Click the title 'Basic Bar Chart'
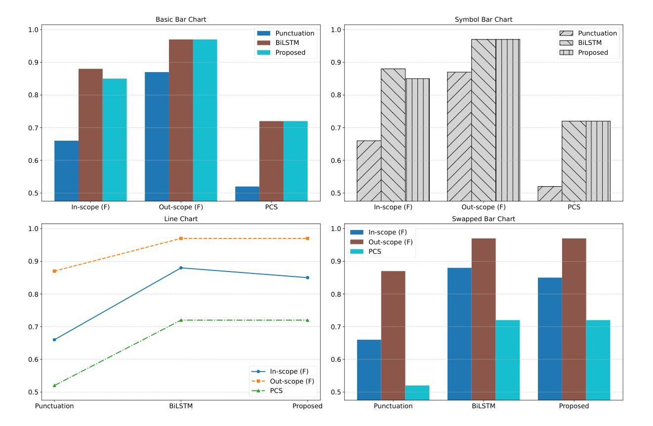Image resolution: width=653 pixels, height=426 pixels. coord(181,19)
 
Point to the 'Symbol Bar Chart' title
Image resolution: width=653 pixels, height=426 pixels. coord(483,19)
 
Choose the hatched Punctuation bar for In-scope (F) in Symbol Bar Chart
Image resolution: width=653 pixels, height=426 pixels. coord(368,170)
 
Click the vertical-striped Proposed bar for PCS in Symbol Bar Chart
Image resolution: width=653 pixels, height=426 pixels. coord(598,160)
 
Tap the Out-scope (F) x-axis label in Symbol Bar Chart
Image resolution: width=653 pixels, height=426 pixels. coord(483,207)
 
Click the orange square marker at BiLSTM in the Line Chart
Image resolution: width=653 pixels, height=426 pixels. coord(181,238)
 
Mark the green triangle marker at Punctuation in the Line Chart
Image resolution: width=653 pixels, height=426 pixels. coord(54,386)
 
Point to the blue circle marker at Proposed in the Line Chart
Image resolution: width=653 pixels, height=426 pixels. coord(307,277)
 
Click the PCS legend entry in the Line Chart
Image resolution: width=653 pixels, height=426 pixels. coord(276,390)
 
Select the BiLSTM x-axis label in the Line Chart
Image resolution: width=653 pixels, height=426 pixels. coord(181,406)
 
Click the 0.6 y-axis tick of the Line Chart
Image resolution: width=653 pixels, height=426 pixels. coord(34,359)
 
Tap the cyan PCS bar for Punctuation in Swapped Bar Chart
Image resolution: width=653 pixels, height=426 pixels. coord(417,392)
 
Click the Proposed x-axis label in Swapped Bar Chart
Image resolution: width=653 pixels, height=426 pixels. coord(574,406)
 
